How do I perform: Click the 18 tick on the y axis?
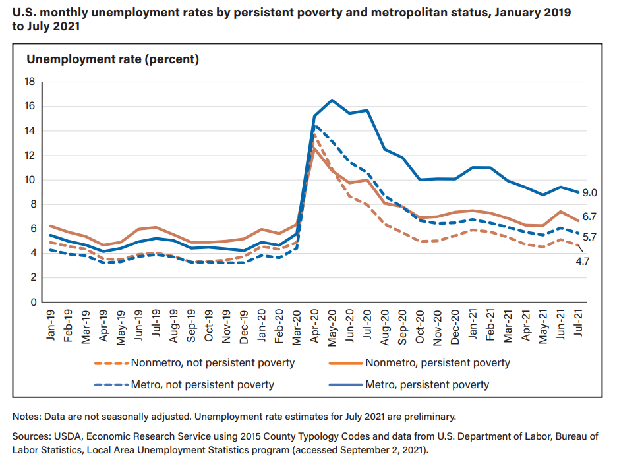(29, 82)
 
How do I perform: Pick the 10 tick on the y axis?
(29, 180)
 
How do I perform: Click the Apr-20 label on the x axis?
(314, 325)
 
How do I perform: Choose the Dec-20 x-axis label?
(454, 325)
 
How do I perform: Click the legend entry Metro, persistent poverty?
(427, 384)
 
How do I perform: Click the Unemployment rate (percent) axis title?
(113, 59)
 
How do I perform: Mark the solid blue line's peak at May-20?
(332, 100)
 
